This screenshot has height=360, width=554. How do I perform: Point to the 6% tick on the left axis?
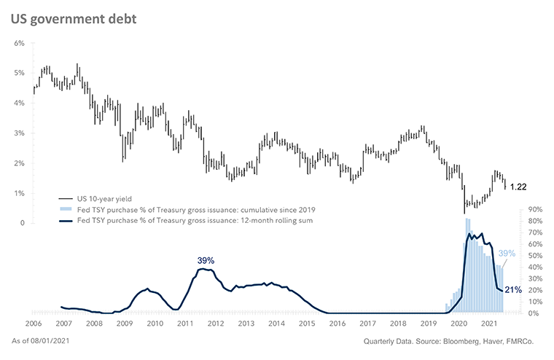pyautogui.click(x=19, y=43)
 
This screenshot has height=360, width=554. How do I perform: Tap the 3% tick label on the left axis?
pyautogui.click(x=19, y=133)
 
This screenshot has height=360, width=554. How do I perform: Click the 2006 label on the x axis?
pyautogui.click(x=33, y=323)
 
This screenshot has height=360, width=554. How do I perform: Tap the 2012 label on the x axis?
pyautogui.click(x=215, y=323)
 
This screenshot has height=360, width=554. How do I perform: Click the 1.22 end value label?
pyautogui.click(x=518, y=187)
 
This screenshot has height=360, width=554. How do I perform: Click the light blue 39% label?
pyautogui.click(x=507, y=254)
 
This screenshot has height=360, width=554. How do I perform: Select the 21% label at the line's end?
pyautogui.click(x=512, y=290)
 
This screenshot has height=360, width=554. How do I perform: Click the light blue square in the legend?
pyautogui.click(x=64, y=209)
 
